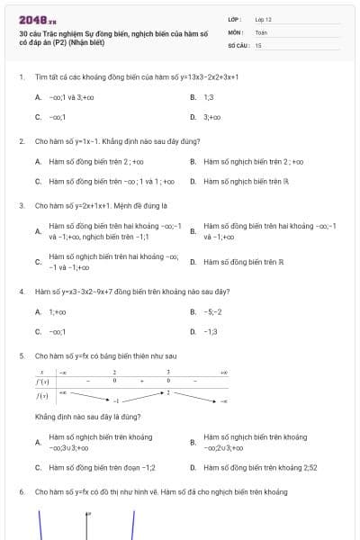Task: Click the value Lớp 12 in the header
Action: tap(263, 18)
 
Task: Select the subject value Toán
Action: tap(261, 31)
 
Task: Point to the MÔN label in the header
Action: tap(235, 31)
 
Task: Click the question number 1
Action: tap(21, 77)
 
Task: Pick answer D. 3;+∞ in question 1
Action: tap(211, 117)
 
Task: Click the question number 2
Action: tap(21, 142)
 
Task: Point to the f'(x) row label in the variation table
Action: tap(42, 381)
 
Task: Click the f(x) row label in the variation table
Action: tap(42, 395)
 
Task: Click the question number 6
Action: tap(21, 492)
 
